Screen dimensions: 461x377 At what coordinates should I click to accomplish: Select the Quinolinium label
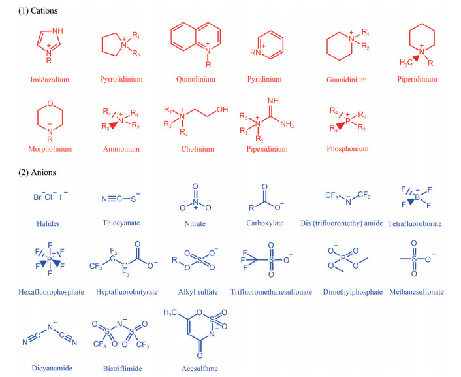(195, 80)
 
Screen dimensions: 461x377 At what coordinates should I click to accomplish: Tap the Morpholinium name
(49, 149)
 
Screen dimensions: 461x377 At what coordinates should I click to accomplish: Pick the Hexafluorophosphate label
(53, 292)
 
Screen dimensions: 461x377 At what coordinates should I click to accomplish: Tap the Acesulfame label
(200, 369)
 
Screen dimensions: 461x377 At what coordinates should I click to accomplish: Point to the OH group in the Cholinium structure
(222, 110)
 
